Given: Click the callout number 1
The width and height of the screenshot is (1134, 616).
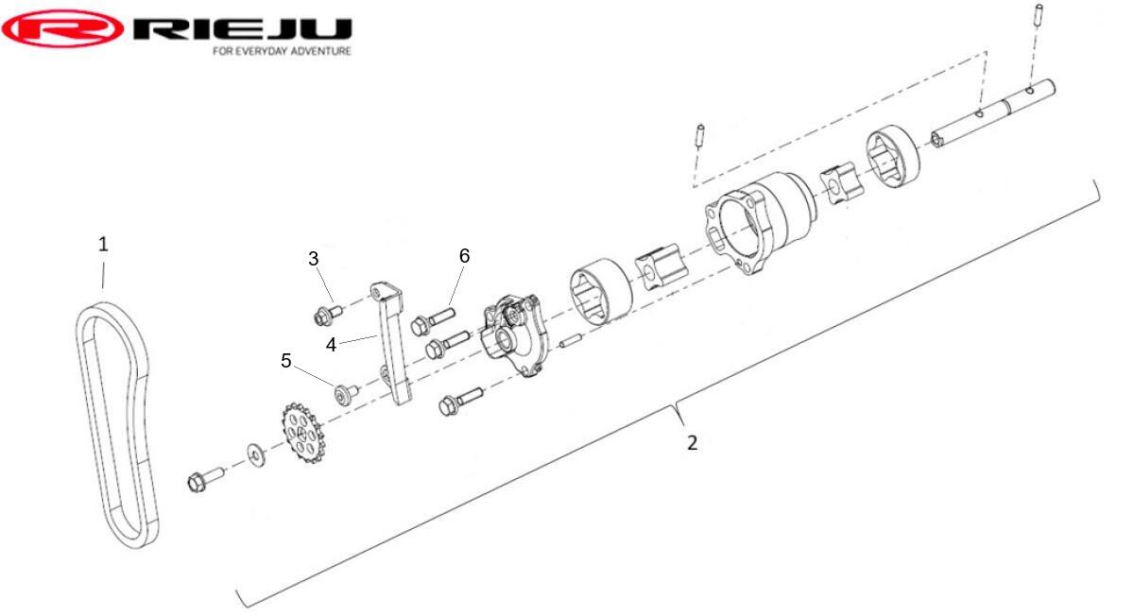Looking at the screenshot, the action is tap(103, 245).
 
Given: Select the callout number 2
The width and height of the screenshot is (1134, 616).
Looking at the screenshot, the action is tap(692, 443).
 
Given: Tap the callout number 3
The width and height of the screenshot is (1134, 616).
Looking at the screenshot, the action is tap(314, 259).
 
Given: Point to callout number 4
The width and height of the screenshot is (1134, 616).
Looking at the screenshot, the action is tap(331, 345).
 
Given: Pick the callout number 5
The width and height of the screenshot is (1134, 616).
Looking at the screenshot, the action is tap(286, 361).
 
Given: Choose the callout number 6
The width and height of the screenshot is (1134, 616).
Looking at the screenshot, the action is tap(464, 256).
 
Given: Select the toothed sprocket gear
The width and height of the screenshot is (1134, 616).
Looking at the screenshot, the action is tap(302, 433).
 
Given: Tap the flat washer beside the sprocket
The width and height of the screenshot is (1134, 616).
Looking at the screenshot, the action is tap(256, 455).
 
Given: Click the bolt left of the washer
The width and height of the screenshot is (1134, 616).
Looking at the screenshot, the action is tap(205, 479).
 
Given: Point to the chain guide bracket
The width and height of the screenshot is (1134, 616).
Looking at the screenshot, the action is tap(393, 344).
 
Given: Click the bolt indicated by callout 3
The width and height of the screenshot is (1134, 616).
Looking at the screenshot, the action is tap(328, 314).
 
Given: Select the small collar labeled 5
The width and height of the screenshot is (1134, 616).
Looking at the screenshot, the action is tap(346, 393).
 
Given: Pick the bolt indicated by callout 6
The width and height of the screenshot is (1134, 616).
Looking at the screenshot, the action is tap(434, 319).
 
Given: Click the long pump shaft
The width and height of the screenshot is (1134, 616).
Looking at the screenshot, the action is tap(992, 114).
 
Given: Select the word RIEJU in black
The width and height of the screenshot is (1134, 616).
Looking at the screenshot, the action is tap(243, 29).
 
